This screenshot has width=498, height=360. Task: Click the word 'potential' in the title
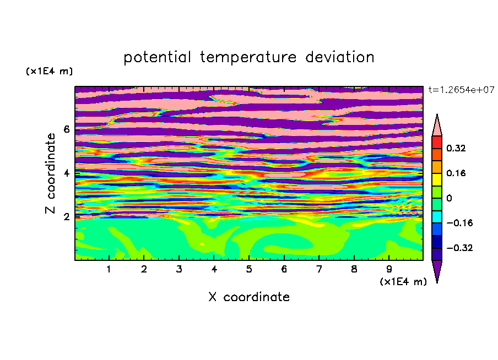(x=157, y=57)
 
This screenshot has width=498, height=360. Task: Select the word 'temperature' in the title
(x=248, y=57)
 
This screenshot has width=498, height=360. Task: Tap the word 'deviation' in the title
(x=340, y=57)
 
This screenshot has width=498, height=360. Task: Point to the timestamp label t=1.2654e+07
(x=461, y=90)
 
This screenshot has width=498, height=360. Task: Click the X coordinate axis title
(x=249, y=297)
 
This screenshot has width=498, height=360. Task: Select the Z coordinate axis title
(x=50, y=173)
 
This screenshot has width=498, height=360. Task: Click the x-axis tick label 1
(x=109, y=269)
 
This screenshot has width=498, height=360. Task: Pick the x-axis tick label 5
(x=249, y=269)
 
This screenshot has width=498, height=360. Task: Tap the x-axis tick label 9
(x=389, y=269)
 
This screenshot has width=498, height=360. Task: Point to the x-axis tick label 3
(x=179, y=269)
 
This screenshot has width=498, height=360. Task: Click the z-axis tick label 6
(x=66, y=129)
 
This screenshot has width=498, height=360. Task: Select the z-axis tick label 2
(x=66, y=216)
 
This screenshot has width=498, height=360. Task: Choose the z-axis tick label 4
(x=66, y=173)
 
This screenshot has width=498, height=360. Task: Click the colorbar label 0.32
(x=456, y=148)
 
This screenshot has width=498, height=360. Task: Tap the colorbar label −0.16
(x=459, y=223)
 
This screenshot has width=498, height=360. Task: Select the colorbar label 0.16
(x=456, y=173)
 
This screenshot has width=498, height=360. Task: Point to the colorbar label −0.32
(x=459, y=248)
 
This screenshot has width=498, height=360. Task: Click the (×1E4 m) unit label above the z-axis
(x=49, y=71)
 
